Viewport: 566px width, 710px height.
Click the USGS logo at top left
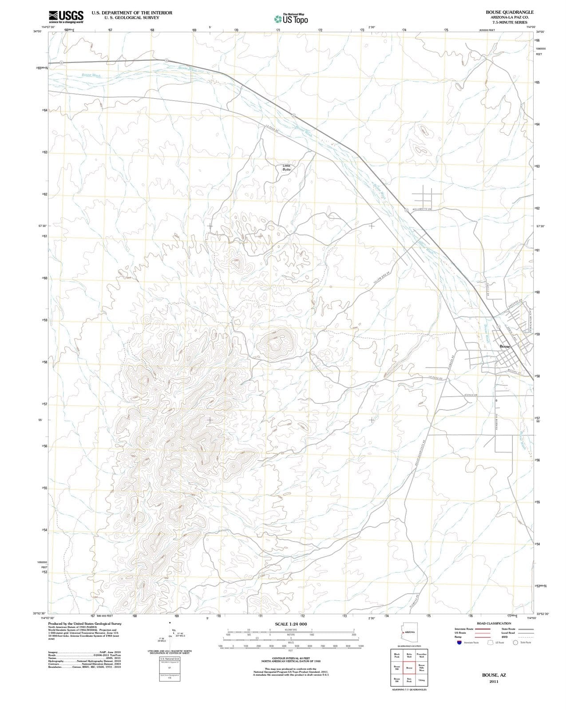click(x=66, y=16)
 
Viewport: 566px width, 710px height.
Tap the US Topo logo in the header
click(x=291, y=19)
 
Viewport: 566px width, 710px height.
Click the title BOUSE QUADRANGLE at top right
click(x=510, y=12)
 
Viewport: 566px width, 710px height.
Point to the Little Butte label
click(x=286, y=168)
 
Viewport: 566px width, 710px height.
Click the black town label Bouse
click(x=505, y=346)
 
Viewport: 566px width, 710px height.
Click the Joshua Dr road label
click(x=470, y=395)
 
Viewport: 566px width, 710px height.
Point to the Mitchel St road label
click(x=514, y=372)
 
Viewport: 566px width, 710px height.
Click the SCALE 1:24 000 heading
click(x=291, y=624)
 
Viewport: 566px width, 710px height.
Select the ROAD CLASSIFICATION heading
click(x=494, y=623)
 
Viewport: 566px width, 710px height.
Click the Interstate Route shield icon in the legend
click(x=459, y=642)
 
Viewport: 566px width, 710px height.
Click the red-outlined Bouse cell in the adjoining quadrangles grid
click(x=409, y=668)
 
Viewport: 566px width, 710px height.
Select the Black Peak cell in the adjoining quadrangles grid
click(x=397, y=655)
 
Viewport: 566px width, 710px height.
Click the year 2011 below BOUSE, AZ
click(x=494, y=681)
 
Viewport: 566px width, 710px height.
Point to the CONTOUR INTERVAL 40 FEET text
click(x=291, y=658)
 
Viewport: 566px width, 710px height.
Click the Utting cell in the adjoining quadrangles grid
click(x=422, y=680)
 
